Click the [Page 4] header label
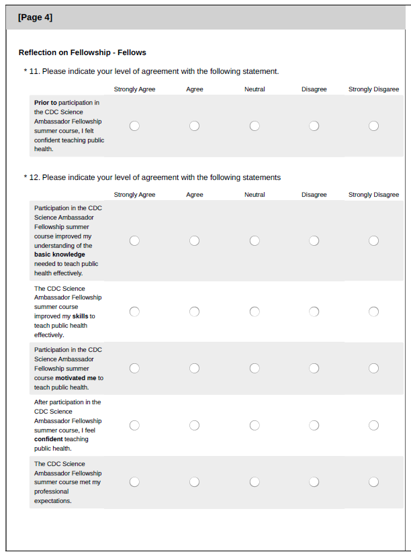click(35, 17)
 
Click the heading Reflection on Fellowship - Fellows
click(82, 52)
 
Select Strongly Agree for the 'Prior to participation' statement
click(134, 126)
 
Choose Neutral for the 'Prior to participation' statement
click(255, 126)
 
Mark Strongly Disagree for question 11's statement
click(373, 126)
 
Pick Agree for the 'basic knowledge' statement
click(194, 240)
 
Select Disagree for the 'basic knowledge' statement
click(314, 240)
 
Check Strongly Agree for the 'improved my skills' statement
click(134, 311)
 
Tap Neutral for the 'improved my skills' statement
click(255, 311)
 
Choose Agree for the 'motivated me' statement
click(194, 368)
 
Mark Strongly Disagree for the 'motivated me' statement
click(373, 368)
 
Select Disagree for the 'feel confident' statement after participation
click(314, 425)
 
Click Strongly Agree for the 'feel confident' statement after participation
click(134, 425)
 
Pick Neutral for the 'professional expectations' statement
click(255, 481)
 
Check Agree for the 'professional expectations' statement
click(194, 481)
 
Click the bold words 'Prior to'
click(45, 103)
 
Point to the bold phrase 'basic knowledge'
click(60, 254)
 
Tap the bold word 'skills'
click(80, 316)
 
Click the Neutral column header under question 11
click(255, 89)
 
